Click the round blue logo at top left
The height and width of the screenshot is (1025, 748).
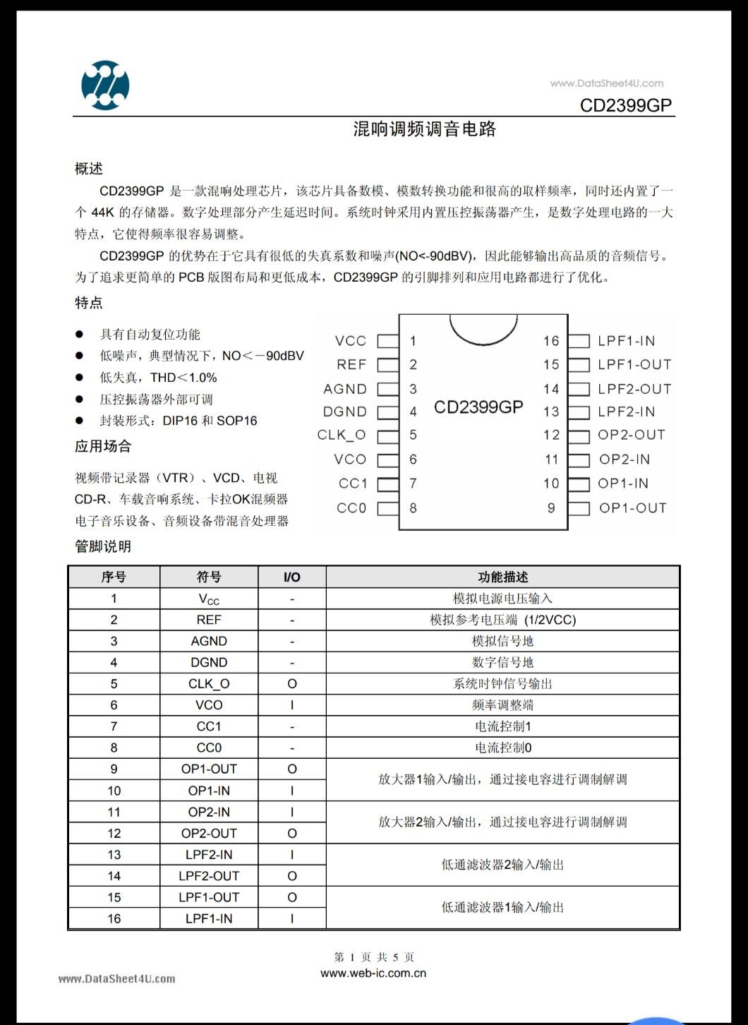tap(105, 85)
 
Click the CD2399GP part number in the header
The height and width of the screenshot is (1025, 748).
tap(626, 105)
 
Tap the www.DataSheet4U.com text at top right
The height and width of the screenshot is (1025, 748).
tap(606, 83)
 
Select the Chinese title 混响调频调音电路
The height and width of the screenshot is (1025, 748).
tap(425, 129)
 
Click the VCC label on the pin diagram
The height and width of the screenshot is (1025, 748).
tap(351, 341)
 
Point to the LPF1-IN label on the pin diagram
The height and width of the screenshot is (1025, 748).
tap(626, 341)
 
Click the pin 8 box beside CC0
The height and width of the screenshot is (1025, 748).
tap(388, 508)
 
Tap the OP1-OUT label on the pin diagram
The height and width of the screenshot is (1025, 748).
tap(632, 508)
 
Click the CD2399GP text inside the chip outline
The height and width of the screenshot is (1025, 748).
tap(478, 407)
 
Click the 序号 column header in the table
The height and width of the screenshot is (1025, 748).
tap(114, 577)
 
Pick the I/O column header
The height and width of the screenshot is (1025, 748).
tap(291, 577)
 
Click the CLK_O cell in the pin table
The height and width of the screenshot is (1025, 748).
tap(209, 684)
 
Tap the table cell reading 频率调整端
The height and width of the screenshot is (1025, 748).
tap(502, 705)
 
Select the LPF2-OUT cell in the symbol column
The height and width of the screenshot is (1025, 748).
tap(209, 876)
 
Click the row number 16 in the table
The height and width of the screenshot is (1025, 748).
tap(114, 918)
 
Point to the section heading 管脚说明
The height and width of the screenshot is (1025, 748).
tap(103, 546)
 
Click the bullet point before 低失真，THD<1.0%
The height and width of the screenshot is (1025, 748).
tap(80, 378)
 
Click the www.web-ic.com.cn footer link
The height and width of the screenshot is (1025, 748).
tap(373, 973)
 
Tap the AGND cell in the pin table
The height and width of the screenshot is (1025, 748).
tap(209, 641)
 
